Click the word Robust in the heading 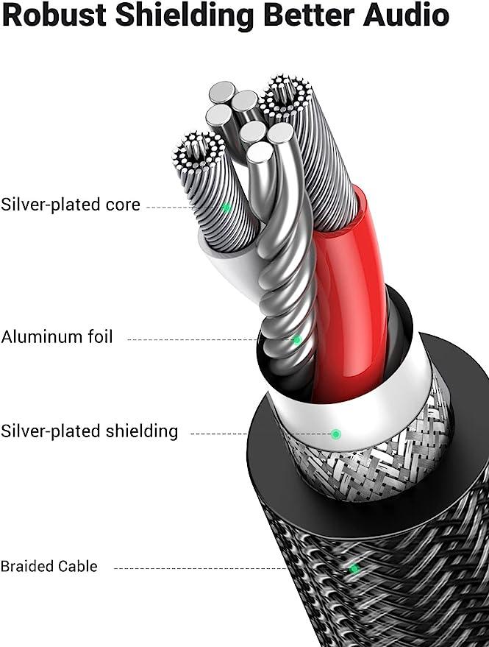pyautogui.click(x=56, y=15)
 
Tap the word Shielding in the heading pyautogui.click(x=185, y=15)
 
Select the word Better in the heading pyautogui.click(x=310, y=15)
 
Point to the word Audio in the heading pyautogui.click(x=406, y=15)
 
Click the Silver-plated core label pyautogui.click(x=71, y=205)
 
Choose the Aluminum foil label pyautogui.click(x=57, y=336)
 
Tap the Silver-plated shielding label pyautogui.click(x=90, y=431)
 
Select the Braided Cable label pyautogui.click(x=49, y=566)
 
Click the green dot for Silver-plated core pyautogui.click(x=226, y=208)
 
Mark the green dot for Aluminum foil pyautogui.click(x=297, y=340)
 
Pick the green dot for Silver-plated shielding pyautogui.click(x=336, y=434)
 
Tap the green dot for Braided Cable pyautogui.click(x=354, y=570)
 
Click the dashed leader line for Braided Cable pyautogui.click(x=201, y=568)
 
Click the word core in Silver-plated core pyautogui.click(x=123, y=205)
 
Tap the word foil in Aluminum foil pyautogui.click(x=100, y=336)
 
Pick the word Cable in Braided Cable pyautogui.click(x=77, y=566)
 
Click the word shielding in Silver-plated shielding pyautogui.click(x=142, y=431)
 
